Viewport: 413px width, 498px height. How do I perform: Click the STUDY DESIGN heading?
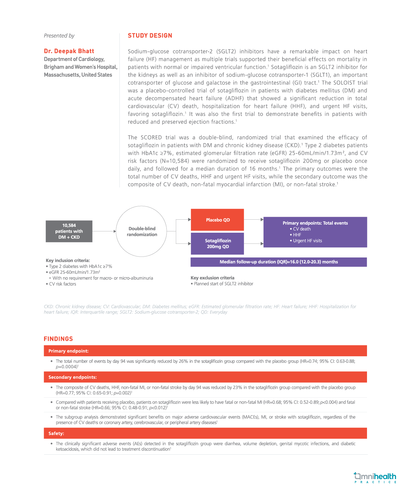[x=150, y=36]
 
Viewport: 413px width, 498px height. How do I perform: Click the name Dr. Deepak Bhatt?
[x=69, y=51]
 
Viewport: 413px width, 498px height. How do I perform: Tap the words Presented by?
[x=59, y=36]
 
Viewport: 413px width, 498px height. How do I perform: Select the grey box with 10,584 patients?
[x=69, y=231]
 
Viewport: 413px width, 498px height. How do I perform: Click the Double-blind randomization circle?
[x=142, y=231]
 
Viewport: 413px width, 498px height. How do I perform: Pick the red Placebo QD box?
[x=217, y=220]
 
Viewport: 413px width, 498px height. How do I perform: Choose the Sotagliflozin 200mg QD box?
[x=217, y=243]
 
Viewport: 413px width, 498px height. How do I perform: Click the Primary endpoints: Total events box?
[x=315, y=232]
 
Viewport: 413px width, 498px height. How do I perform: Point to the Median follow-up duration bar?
[x=279, y=262]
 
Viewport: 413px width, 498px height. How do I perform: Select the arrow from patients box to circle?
[x=104, y=231]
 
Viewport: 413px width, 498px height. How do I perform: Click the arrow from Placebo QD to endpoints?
[x=253, y=220]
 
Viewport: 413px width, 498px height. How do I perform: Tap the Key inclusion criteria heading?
[x=68, y=260]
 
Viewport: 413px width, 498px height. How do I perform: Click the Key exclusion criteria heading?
[x=212, y=278]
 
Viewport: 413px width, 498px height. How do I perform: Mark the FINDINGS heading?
[x=58, y=339]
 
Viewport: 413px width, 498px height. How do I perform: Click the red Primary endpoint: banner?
[x=205, y=351]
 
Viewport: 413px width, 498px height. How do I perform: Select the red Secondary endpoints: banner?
[x=205, y=377]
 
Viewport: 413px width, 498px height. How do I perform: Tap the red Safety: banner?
[x=205, y=433]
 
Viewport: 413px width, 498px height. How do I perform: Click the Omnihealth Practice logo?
[x=375, y=478]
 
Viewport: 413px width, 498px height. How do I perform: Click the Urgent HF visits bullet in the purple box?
[x=307, y=241]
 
